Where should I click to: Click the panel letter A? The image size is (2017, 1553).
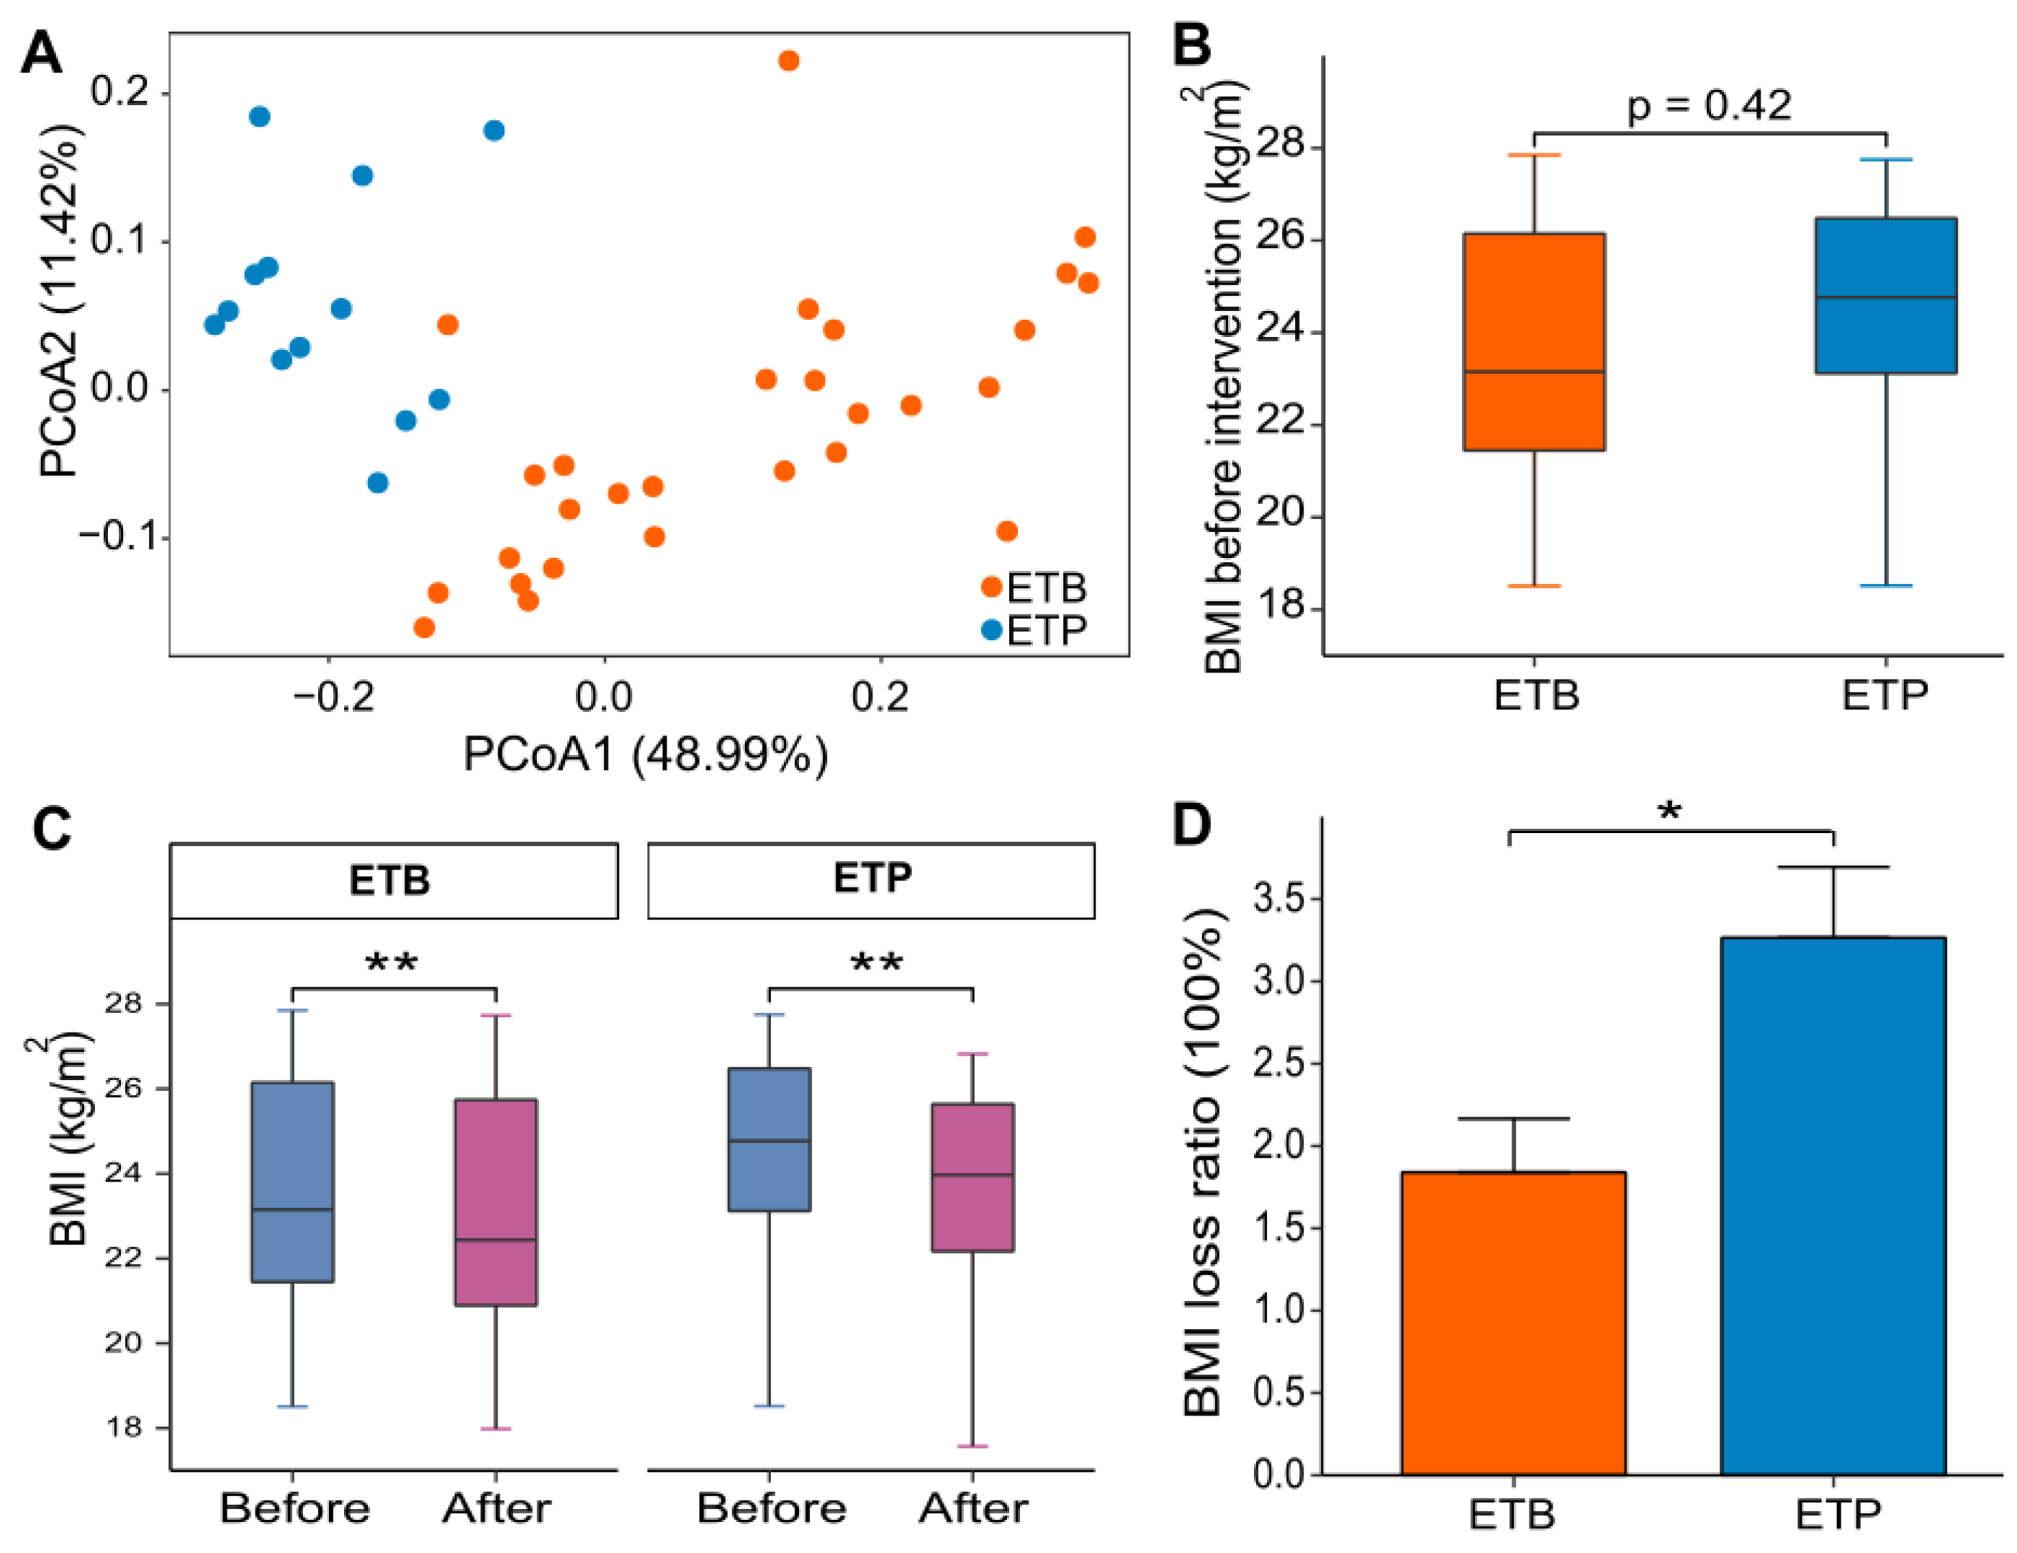(x=42, y=53)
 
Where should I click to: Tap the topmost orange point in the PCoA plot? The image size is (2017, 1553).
(x=788, y=61)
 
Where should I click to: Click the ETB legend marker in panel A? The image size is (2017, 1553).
(x=991, y=587)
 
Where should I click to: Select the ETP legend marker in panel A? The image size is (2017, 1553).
(x=991, y=630)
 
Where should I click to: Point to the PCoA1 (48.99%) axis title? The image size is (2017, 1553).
(x=645, y=755)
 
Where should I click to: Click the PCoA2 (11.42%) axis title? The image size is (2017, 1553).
(x=60, y=300)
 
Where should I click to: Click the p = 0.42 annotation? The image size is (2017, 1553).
(x=1708, y=105)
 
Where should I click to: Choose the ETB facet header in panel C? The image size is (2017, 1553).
(x=394, y=880)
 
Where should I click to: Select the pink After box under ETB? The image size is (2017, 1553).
(x=496, y=1201)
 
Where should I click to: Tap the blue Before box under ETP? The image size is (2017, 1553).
(x=770, y=1138)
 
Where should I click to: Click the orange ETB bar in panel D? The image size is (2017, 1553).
(x=1513, y=1322)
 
